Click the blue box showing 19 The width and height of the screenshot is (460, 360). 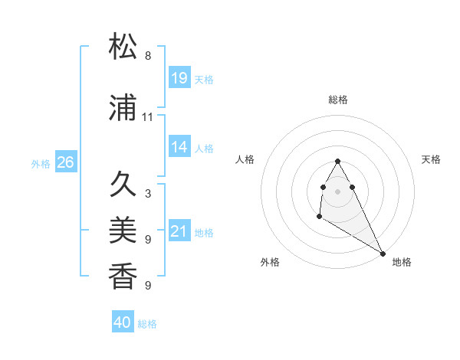click(179, 77)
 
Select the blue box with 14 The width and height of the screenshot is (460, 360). click(179, 147)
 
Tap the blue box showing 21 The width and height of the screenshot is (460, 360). click(179, 231)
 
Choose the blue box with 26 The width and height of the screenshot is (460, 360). click(65, 162)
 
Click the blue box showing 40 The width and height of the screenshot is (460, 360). click(123, 322)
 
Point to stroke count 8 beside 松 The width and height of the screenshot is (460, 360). click(148, 55)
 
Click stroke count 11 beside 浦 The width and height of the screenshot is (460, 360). click(148, 117)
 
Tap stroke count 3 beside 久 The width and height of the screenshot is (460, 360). click(148, 194)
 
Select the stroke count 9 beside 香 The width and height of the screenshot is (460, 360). click(148, 286)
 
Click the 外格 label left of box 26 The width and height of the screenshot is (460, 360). click(41, 163)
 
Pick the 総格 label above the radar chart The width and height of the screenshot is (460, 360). click(338, 100)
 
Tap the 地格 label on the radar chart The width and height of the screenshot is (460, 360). click(402, 262)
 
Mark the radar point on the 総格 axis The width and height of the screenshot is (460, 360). click(338, 161)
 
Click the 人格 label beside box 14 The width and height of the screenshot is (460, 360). click(204, 148)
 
